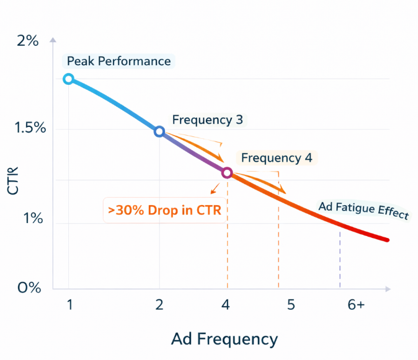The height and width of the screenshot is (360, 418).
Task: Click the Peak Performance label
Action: tap(118, 61)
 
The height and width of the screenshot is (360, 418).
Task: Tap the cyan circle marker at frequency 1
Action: tap(69, 79)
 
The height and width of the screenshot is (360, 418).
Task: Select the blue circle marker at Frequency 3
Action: tap(159, 131)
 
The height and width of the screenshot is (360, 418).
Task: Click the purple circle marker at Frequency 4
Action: tap(227, 173)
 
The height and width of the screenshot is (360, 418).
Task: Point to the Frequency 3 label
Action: tap(207, 120)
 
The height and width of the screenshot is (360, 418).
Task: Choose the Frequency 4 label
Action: tap(277, 158)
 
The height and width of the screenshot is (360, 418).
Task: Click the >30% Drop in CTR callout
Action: tap(164, 210)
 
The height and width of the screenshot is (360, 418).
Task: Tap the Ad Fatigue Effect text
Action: tap(363, 211)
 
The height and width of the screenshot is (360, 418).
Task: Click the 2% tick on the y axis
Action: tap(28, 42)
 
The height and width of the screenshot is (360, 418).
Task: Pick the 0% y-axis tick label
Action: tap(29, 288)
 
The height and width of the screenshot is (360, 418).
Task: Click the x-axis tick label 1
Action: tap(69, 305)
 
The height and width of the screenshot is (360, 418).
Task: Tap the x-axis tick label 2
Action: tap(159, 305)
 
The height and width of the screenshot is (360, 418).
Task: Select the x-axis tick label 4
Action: tap(226, 305)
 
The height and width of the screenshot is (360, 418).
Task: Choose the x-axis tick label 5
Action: tap(290, 305)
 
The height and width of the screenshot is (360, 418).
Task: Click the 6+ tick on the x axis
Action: tap(356, 305)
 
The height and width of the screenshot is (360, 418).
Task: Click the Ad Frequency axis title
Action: tap(224, 339)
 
